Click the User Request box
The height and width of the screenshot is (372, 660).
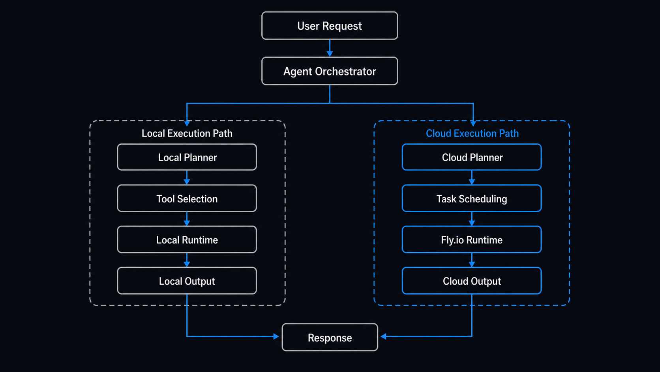point(330,26)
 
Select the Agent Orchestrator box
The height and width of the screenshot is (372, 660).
point(330,71)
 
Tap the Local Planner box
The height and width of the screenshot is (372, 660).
point(187,157)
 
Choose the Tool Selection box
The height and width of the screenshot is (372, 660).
point(187,198)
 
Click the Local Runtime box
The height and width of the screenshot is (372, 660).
point(187,240)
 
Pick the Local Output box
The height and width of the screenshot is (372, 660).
point(187,281)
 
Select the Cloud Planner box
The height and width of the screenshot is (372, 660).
point(472,157)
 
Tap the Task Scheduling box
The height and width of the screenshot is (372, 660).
point(472,198)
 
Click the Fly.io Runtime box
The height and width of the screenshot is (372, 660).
point(472,240)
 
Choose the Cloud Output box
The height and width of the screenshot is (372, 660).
point(472,281)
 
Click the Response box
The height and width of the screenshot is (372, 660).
point(330,337)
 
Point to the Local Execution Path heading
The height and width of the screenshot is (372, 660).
point(187,133)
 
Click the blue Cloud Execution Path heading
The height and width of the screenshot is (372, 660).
point(472,133)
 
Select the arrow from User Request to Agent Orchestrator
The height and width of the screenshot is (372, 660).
point(330,48)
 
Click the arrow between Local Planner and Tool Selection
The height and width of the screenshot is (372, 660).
point(187,178)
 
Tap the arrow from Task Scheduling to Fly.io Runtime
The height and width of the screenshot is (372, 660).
point(472,219)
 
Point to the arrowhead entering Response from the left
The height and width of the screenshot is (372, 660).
point(276,336)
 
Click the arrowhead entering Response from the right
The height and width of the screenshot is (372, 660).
point(383,336)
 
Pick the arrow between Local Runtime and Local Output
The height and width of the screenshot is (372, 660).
point(187,260)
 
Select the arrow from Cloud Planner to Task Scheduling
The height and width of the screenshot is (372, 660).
point(472,178)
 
